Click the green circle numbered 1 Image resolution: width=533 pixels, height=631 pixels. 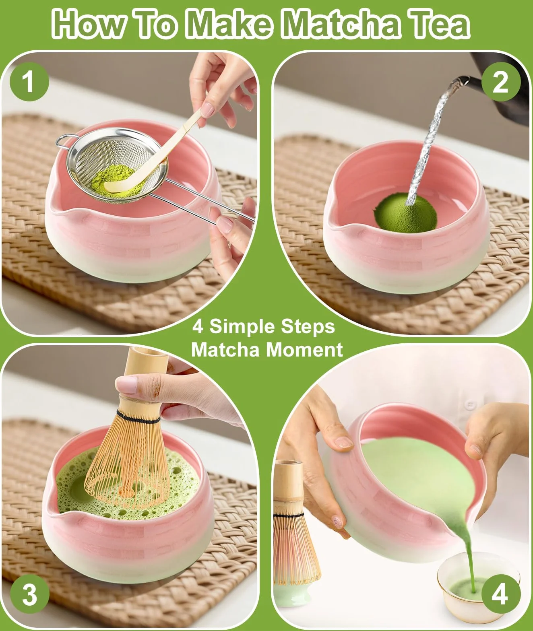click(29, 82)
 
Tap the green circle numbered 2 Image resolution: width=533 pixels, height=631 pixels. click(501, 82)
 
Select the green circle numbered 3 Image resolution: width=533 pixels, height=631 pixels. click(30, 594)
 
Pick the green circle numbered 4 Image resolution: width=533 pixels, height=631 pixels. click(501, 594)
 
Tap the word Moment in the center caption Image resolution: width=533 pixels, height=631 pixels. click(304, 350)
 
